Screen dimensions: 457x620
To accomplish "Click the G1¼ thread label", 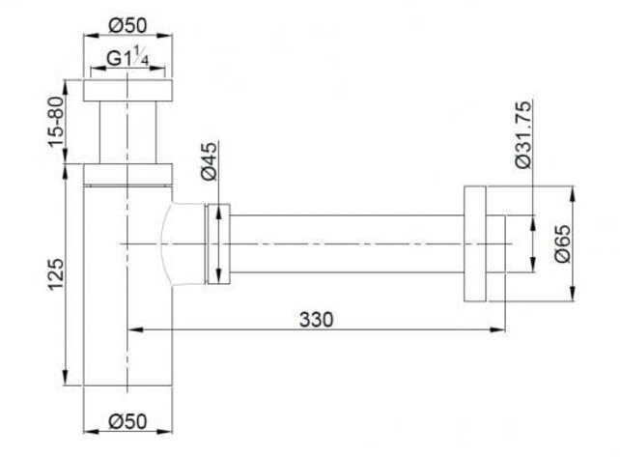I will (129, 58).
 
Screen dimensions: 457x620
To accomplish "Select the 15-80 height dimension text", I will (55, 119).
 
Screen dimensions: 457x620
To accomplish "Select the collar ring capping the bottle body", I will (129, 174).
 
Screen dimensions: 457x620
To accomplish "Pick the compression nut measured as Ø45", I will (218, 244).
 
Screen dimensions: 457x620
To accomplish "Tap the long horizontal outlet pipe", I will (348, 244).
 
